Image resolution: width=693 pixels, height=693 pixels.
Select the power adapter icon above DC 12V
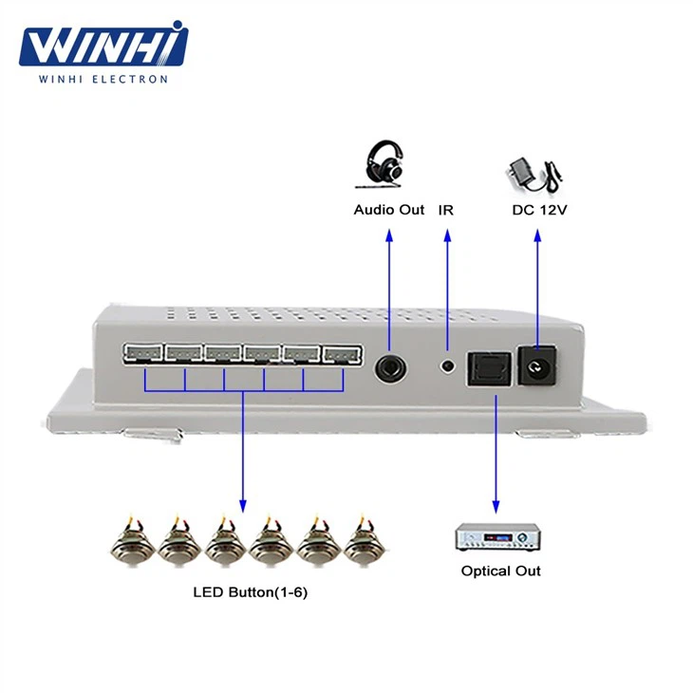[x=534, y=175]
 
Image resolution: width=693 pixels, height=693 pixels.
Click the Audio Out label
[x=389, y=210]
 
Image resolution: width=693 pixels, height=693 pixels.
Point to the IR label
[x=446, y=210]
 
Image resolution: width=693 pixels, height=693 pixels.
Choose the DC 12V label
[x=539, y=210]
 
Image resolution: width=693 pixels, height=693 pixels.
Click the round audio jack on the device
[x=390, y=367]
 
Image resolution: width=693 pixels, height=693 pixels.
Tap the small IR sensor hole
[x=448, y=365]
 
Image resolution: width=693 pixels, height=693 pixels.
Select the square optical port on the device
[x=489, y=369]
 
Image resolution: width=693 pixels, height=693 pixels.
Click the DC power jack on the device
[x=537, y=365]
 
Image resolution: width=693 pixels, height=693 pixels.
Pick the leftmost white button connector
[x=143, y=354]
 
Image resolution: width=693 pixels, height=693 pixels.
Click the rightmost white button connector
[x=342, y=355]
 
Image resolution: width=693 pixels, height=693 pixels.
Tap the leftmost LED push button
[x=133, y=542]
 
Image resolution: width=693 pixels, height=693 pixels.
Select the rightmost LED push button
[x=365, y=542]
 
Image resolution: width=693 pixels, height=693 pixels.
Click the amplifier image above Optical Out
[x=497, y=537]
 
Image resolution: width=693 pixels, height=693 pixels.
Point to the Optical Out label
[x=500, y=571]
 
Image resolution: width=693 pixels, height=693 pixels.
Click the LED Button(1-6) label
[x=251, y=592]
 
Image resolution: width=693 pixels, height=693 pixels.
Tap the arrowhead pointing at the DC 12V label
[x=537, y=235]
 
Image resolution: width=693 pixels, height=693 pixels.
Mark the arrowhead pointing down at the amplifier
[x=496, y=507]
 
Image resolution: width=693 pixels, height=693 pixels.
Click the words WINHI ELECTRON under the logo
[x=103, y=79]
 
